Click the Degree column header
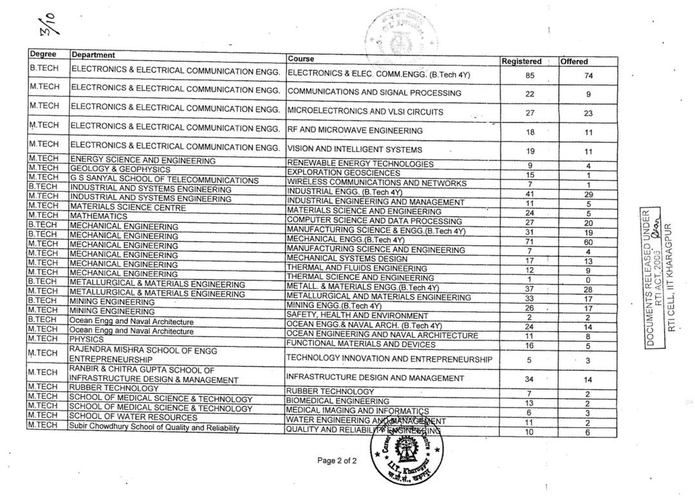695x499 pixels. (x=43, y=54)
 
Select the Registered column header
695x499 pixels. (x=521, y=61)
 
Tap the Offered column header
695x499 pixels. (x=574, y=61)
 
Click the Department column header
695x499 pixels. (x=93, y=55)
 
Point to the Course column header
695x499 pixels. (x=301, y=59)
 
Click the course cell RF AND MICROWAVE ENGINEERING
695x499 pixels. (x=355, y=130)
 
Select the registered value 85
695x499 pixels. (x=530, y=75)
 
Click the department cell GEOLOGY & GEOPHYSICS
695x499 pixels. (x=120, y=169)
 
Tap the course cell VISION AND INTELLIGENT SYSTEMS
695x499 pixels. (x=355, y=149)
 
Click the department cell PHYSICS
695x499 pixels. (x=87, y=339)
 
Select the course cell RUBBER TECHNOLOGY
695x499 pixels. (x=330, y=391)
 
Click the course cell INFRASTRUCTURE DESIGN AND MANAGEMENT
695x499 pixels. (x=375, y=378)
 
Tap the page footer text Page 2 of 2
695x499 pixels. (x=337, y=461)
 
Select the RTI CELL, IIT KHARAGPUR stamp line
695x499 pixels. (x=671, y=278)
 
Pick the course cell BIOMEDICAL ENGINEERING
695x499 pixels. (x=338, y=401)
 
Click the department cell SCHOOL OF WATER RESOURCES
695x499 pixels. (x=125, y=417)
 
